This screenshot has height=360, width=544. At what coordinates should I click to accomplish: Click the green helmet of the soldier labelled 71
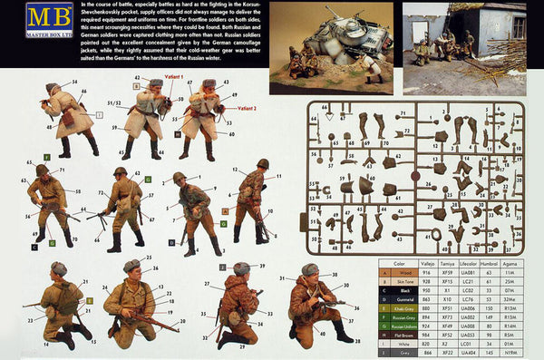point(121,170)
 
